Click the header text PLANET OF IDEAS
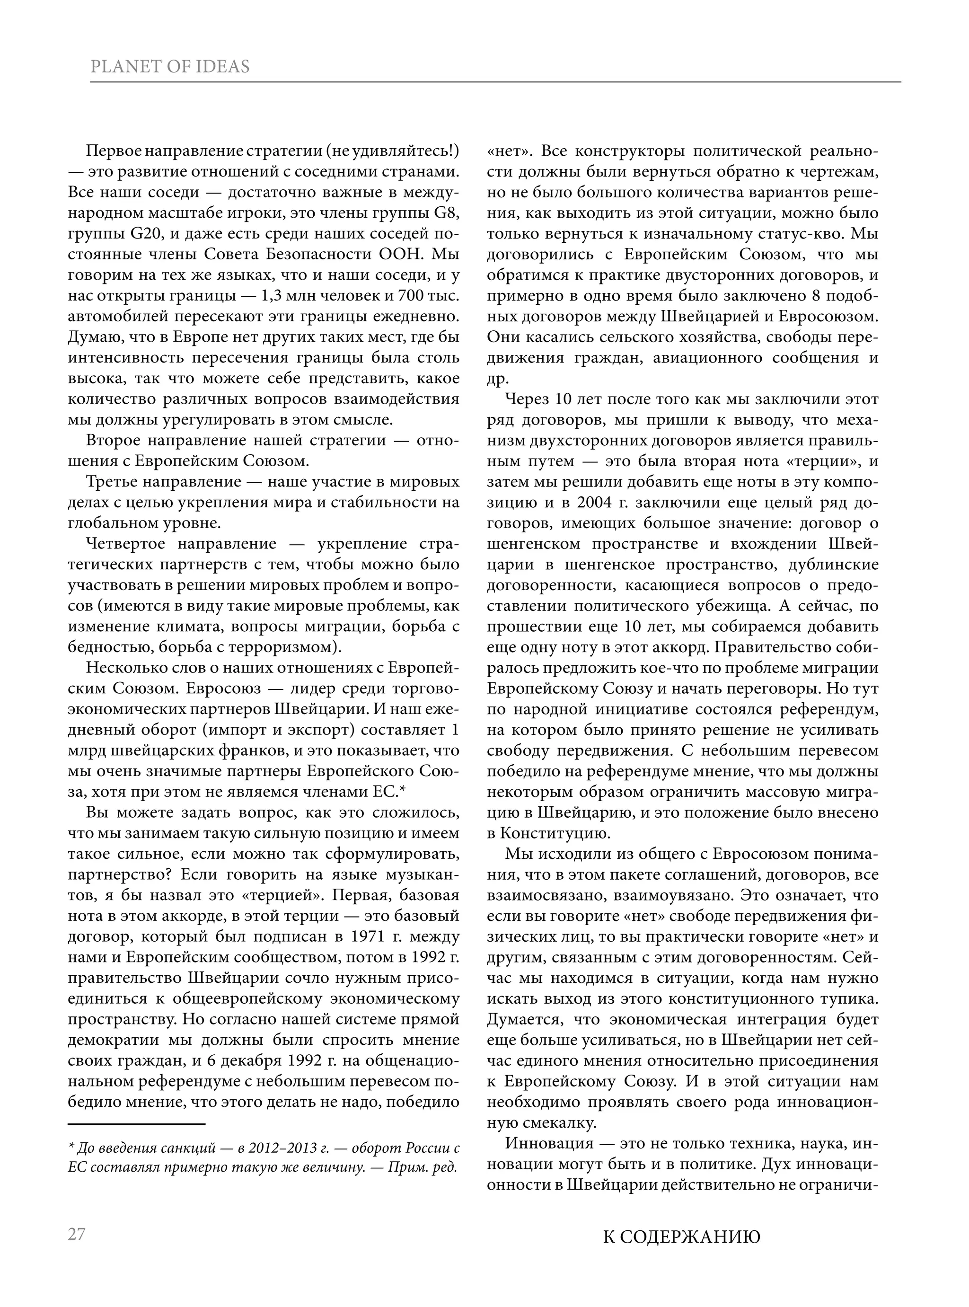[170, 67]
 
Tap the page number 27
[77, 1234]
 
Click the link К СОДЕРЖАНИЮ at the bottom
[682, 1237]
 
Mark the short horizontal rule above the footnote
[136, 1124]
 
